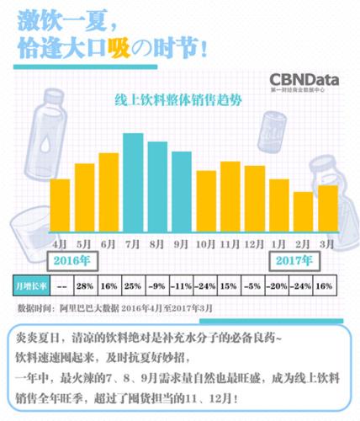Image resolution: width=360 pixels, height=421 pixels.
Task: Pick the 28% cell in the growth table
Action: click(x=84, y=285)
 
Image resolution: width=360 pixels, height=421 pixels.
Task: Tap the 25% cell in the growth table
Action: click(x=132, y=285)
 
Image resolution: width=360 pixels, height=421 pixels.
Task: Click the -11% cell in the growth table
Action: click(x=182, y=285)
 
